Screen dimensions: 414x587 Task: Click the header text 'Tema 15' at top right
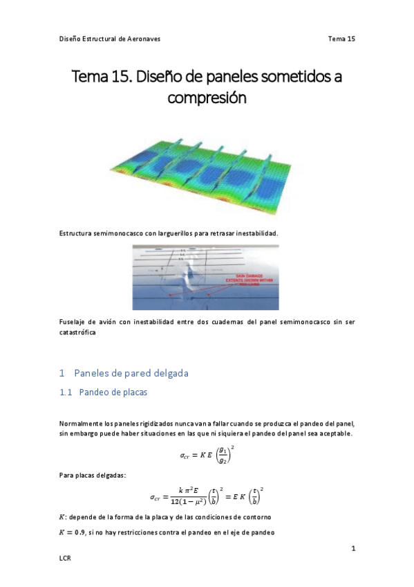coord(341,39)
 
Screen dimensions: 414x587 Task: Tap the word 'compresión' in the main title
coord(207,98)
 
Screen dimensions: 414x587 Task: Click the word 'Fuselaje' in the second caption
coord(74,322)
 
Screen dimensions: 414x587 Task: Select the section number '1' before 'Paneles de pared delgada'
coord(62,373)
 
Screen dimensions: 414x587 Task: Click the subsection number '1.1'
coord(66,392)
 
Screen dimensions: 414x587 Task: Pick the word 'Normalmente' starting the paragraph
coord(82,423)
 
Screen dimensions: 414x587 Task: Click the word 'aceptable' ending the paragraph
coord(335,433)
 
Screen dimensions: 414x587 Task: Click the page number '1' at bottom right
coord(353,549)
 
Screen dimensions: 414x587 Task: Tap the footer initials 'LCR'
coord(66,557)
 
